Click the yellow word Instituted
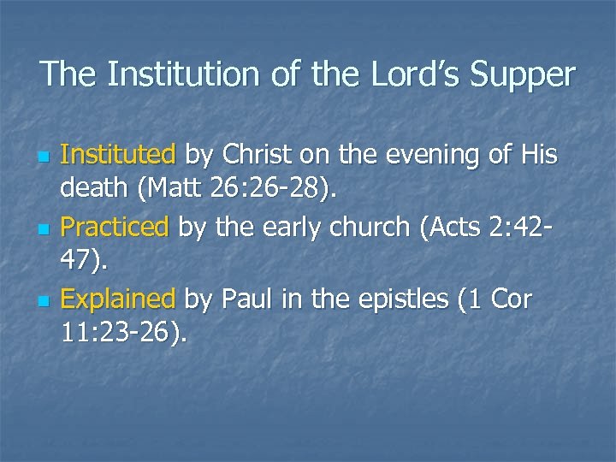click(119, 155)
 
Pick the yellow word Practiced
click(116, 227)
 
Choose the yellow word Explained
click(119, 299)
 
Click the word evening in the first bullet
click(423, 155)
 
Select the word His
click(537, 155)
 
